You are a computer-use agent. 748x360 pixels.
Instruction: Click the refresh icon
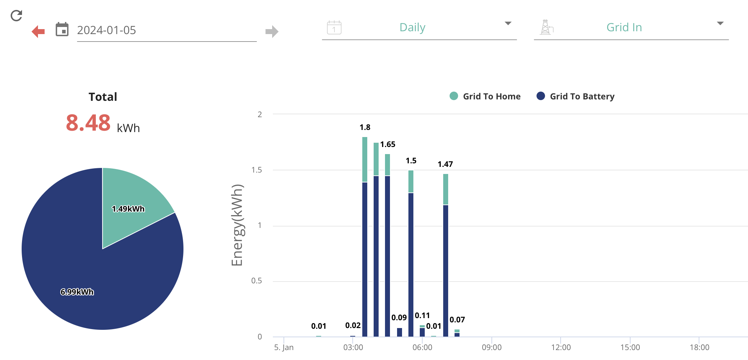16,15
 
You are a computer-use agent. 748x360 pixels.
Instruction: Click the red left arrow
38,31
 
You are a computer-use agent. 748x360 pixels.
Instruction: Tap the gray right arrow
272,31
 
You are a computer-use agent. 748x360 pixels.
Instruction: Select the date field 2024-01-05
106,30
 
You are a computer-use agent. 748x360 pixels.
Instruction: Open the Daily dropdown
419,27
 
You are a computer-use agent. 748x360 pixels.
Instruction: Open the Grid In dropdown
631,27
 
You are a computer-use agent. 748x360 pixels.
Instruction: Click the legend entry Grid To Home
485,96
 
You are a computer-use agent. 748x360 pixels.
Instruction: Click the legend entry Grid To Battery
575,96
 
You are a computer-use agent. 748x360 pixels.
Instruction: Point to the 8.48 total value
88,123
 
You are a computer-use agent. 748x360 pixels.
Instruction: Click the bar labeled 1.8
365,237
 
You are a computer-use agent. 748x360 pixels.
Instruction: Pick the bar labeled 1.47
446,255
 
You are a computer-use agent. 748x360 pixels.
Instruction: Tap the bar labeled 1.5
411,253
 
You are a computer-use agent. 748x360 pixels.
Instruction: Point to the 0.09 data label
399,317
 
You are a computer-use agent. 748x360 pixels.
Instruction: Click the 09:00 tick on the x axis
491,347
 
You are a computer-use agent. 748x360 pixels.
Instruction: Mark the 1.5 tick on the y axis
257,170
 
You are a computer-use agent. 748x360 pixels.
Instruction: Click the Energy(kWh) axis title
237,225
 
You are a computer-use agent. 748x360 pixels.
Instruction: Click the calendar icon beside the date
62,29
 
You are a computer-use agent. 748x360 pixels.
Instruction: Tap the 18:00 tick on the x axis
699,347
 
